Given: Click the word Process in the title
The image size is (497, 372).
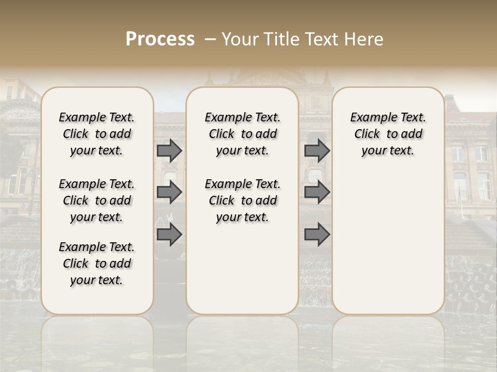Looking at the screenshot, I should point(160,39).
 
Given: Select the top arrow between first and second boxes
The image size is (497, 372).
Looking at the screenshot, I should point(169,151).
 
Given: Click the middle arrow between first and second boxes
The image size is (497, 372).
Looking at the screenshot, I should point(169,193).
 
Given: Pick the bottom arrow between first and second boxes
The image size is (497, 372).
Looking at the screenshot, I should point(169,235).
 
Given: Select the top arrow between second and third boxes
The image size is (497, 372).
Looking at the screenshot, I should point(317,151).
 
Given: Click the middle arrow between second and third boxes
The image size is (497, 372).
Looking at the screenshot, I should point(317,193).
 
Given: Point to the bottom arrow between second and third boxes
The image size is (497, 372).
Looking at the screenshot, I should point(317,235).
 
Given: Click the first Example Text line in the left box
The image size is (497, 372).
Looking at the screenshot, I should point(97,117).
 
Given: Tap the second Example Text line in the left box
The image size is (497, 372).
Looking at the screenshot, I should point(97,184).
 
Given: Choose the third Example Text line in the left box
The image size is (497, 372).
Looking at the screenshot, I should point(97,247).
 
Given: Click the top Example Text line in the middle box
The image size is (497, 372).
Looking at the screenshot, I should point(242,117).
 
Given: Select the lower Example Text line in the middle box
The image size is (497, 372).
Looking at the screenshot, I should point(242,184).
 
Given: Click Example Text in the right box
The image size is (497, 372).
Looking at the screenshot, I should point(388,117).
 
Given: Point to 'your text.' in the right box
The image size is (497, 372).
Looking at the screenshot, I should point(388,151).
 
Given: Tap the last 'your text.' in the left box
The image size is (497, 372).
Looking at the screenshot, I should point(97,281).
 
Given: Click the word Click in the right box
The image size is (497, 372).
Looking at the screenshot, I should point(367,134).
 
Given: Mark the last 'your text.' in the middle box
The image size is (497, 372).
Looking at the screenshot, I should point(242,218).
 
